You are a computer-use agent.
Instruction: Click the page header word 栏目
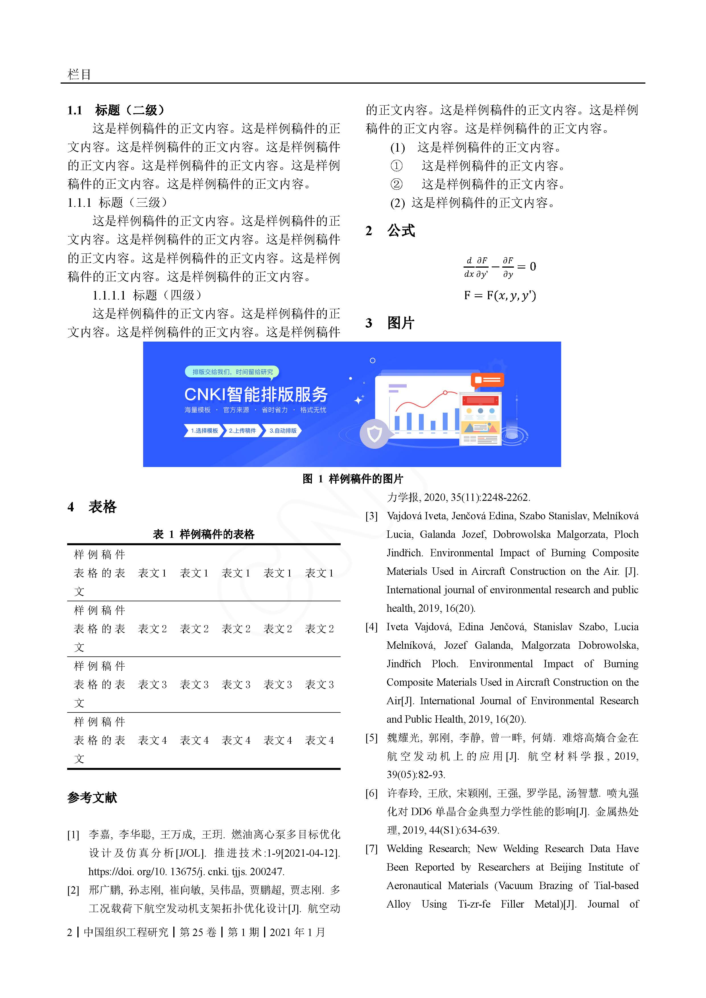79,74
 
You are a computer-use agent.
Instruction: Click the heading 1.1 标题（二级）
116,110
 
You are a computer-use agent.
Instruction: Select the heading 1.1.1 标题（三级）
118,203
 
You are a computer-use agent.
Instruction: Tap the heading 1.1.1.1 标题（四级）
147,296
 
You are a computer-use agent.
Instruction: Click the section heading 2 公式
390,231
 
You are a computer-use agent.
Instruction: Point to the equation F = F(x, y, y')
500,296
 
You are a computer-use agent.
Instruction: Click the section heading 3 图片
390,323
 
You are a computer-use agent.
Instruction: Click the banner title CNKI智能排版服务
256,394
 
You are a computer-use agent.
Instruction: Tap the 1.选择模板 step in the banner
203,431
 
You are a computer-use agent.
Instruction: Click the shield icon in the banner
374,434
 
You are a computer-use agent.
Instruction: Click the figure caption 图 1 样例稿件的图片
353,479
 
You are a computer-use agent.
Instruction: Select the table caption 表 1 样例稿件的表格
203,534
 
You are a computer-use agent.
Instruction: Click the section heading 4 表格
92,507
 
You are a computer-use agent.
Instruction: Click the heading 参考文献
92,797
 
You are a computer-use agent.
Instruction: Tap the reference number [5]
371,738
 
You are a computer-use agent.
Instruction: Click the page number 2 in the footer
70,932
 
